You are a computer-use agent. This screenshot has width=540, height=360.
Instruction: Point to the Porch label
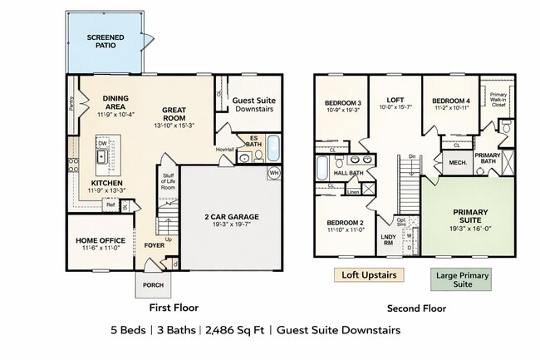(152, 284)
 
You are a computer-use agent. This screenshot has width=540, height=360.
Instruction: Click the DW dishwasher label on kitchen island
(101, 143)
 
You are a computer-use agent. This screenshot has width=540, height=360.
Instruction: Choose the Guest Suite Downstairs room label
(253, 105)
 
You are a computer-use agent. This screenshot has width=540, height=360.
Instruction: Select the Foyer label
(154, 245)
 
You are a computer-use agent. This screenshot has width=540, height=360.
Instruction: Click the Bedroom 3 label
(341, 101)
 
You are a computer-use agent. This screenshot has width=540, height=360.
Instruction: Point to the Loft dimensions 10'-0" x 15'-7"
(395, 106)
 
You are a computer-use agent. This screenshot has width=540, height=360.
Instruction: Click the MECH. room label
(457, 161)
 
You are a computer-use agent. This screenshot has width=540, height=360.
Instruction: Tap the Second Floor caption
(416, 308)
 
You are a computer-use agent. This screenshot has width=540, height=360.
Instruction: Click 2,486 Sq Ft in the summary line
(235, 330)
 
